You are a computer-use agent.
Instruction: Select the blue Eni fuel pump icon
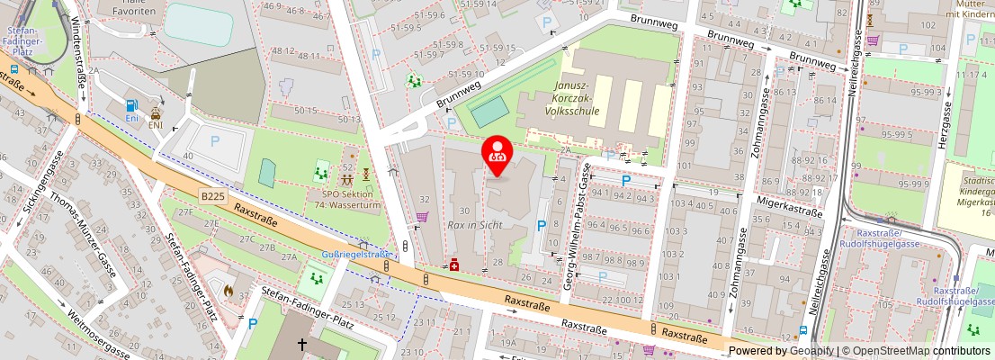[131, 105]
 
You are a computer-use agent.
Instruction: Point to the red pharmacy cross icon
[456, 264]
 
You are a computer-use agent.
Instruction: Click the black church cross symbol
[302, 344]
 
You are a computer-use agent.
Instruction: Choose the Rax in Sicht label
[474, 224]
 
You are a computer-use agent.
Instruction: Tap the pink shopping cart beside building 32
[421, 217]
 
